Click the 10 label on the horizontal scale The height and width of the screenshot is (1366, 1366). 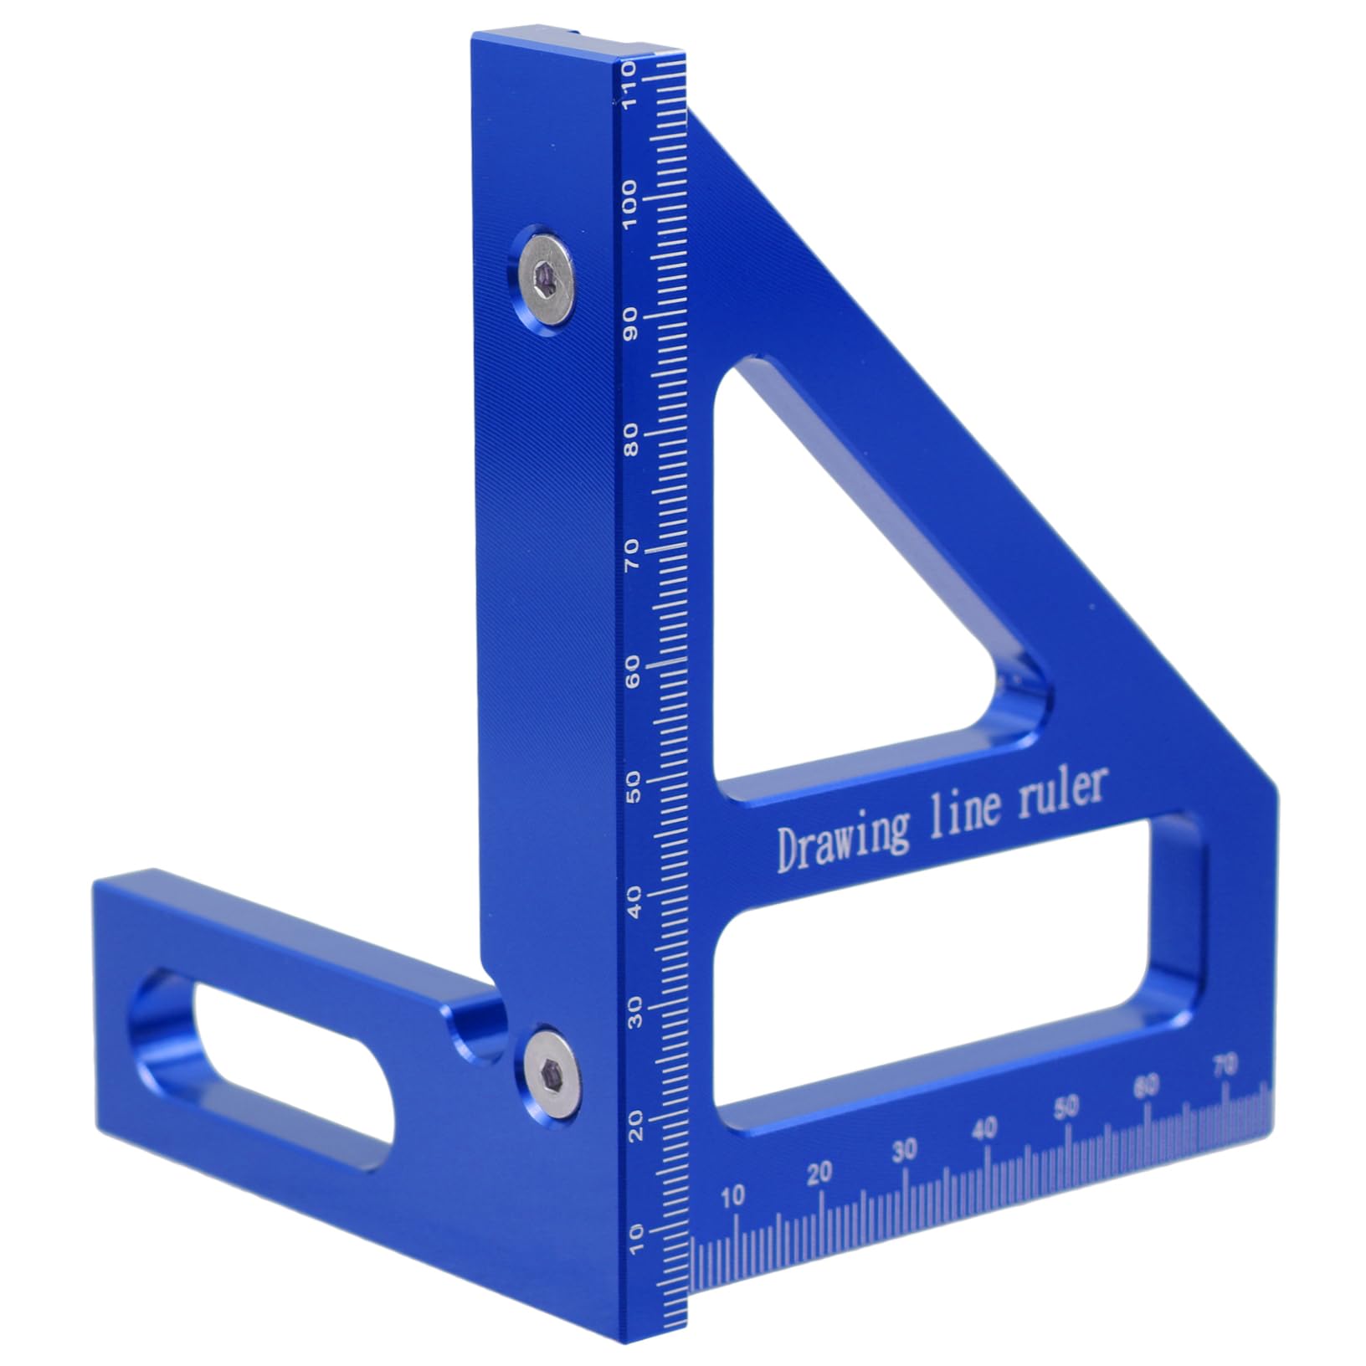point(732,1197)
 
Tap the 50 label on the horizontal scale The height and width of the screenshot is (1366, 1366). point(1066,1108)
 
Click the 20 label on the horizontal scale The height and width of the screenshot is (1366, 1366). point(820,1173)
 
